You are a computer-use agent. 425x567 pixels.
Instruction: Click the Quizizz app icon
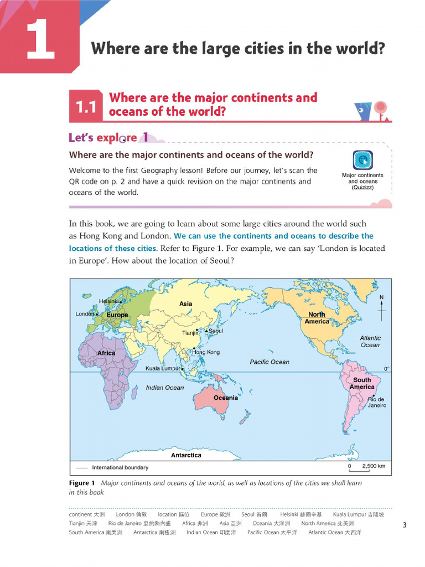click(362, 161)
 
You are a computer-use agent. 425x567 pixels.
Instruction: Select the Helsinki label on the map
click(109, 301)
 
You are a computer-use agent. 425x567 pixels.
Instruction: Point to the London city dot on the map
click(97, 315)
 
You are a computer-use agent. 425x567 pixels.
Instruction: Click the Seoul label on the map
click(216, 331)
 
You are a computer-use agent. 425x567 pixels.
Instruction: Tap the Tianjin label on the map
click(190, 333)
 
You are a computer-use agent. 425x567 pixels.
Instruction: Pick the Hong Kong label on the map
click(206, 352)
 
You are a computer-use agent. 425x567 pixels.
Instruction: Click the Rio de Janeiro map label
click(376, 402)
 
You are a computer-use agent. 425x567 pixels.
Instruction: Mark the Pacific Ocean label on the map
click(269, 362)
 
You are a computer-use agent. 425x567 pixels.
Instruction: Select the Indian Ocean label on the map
click(165, 388)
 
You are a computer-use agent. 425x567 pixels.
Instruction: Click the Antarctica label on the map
click(186, 455)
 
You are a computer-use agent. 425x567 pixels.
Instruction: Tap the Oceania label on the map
click(226, 398)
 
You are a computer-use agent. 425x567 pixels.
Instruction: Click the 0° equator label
click(386, 368)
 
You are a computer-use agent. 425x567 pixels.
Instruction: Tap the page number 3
click(405, 525)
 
